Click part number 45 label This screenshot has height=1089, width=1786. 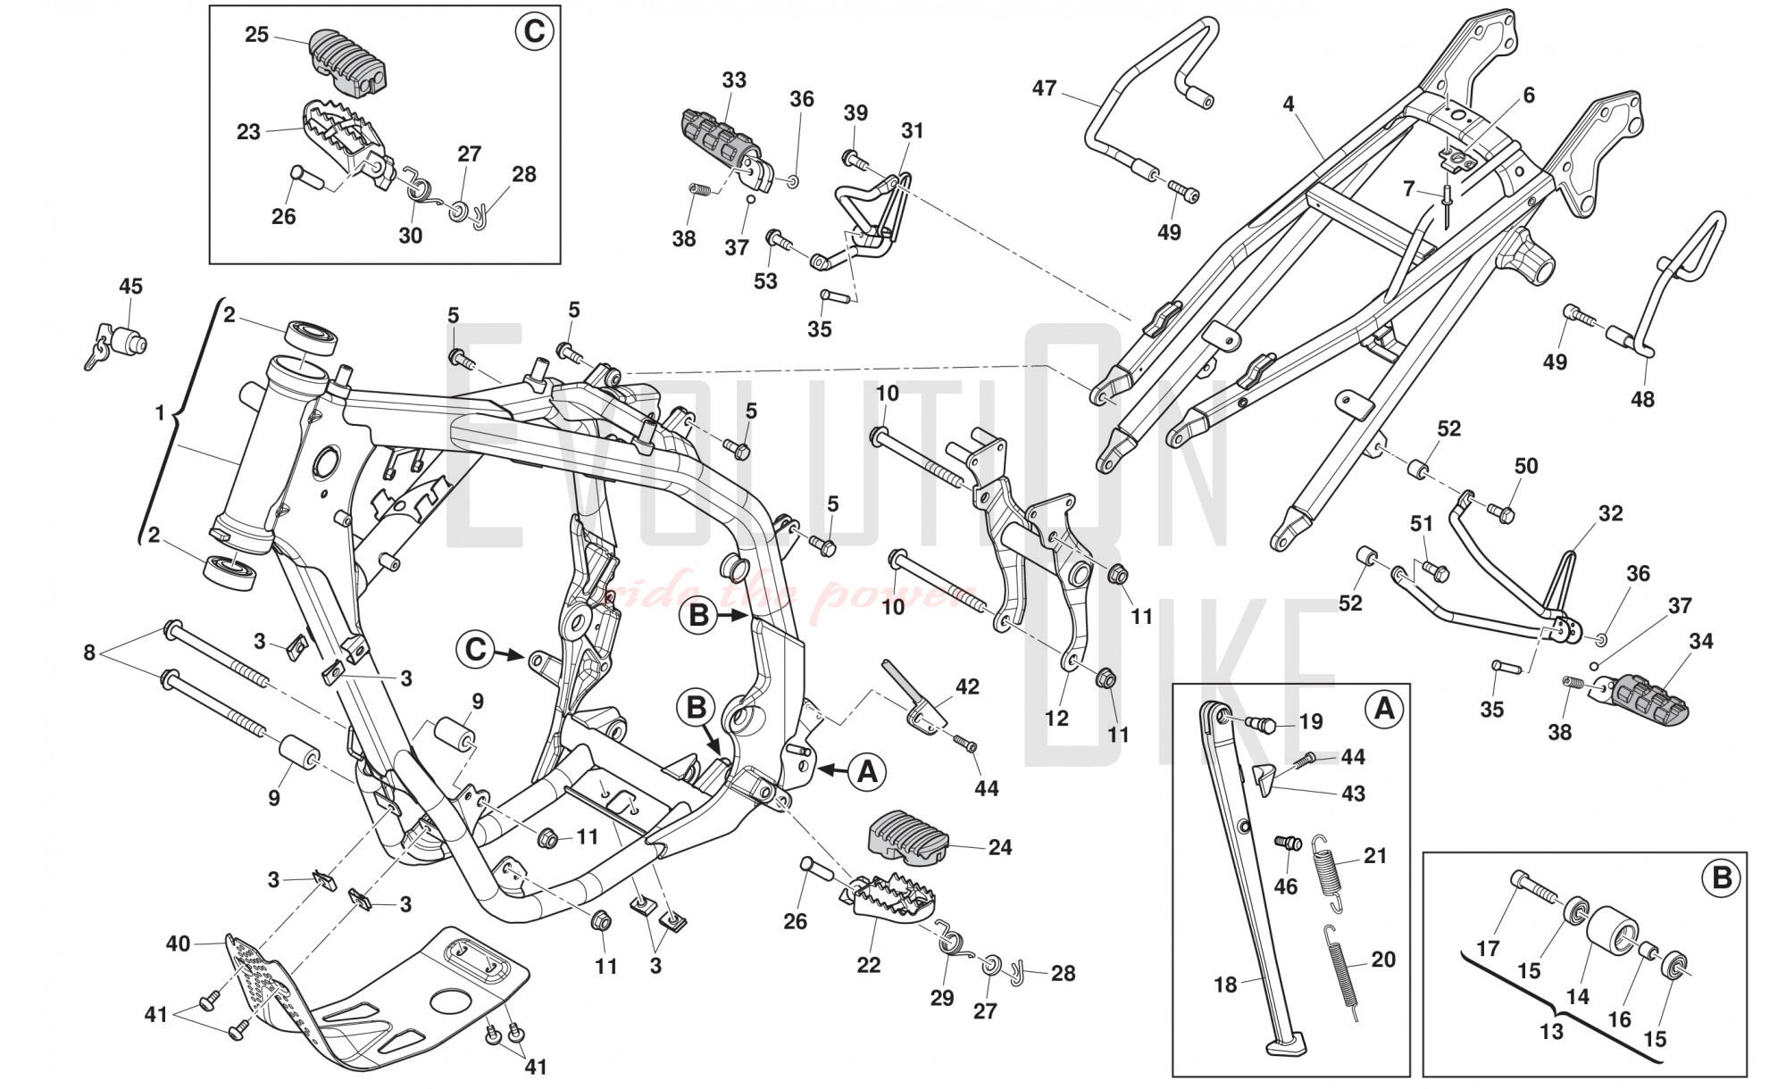130,287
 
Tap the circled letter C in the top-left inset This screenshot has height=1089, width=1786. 533,32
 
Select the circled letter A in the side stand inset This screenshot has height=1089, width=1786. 1383,709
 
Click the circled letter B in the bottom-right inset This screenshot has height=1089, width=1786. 1721,878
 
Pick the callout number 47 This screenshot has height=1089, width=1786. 1044,88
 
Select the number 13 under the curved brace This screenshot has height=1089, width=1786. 1551,1032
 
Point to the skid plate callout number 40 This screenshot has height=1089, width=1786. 179,943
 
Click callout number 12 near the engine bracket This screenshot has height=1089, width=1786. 1056,718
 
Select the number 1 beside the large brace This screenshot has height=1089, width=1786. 161,414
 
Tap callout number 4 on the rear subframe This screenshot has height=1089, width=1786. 1288,104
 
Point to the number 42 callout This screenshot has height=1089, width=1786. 967,686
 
